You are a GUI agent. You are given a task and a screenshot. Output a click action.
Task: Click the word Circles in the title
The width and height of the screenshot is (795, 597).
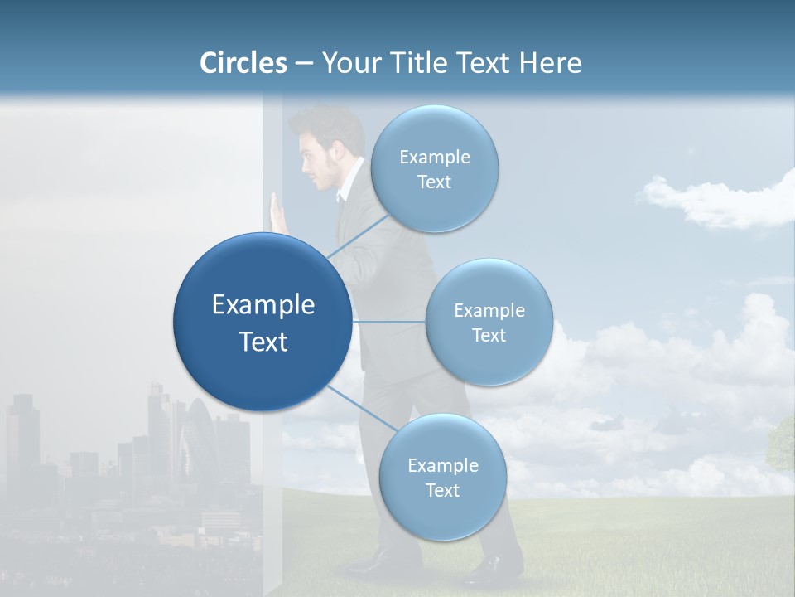coord(243,63)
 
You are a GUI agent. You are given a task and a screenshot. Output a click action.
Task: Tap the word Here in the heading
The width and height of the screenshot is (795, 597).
coord(550,63)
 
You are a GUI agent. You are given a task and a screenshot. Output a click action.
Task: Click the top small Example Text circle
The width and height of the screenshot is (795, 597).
coord(434,169)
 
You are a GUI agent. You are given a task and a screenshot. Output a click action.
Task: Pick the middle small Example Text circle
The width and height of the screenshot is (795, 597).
coord(489,323)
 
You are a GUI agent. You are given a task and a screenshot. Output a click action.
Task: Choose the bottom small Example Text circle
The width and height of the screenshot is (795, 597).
coord(442,478)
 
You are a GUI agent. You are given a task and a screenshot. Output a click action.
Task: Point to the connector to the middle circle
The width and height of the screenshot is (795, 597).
coord(388,322)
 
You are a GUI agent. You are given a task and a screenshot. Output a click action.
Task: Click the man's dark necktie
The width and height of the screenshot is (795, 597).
coord(340,199)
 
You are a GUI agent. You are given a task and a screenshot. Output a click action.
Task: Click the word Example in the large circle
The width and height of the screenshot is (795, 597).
coord(263,305)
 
